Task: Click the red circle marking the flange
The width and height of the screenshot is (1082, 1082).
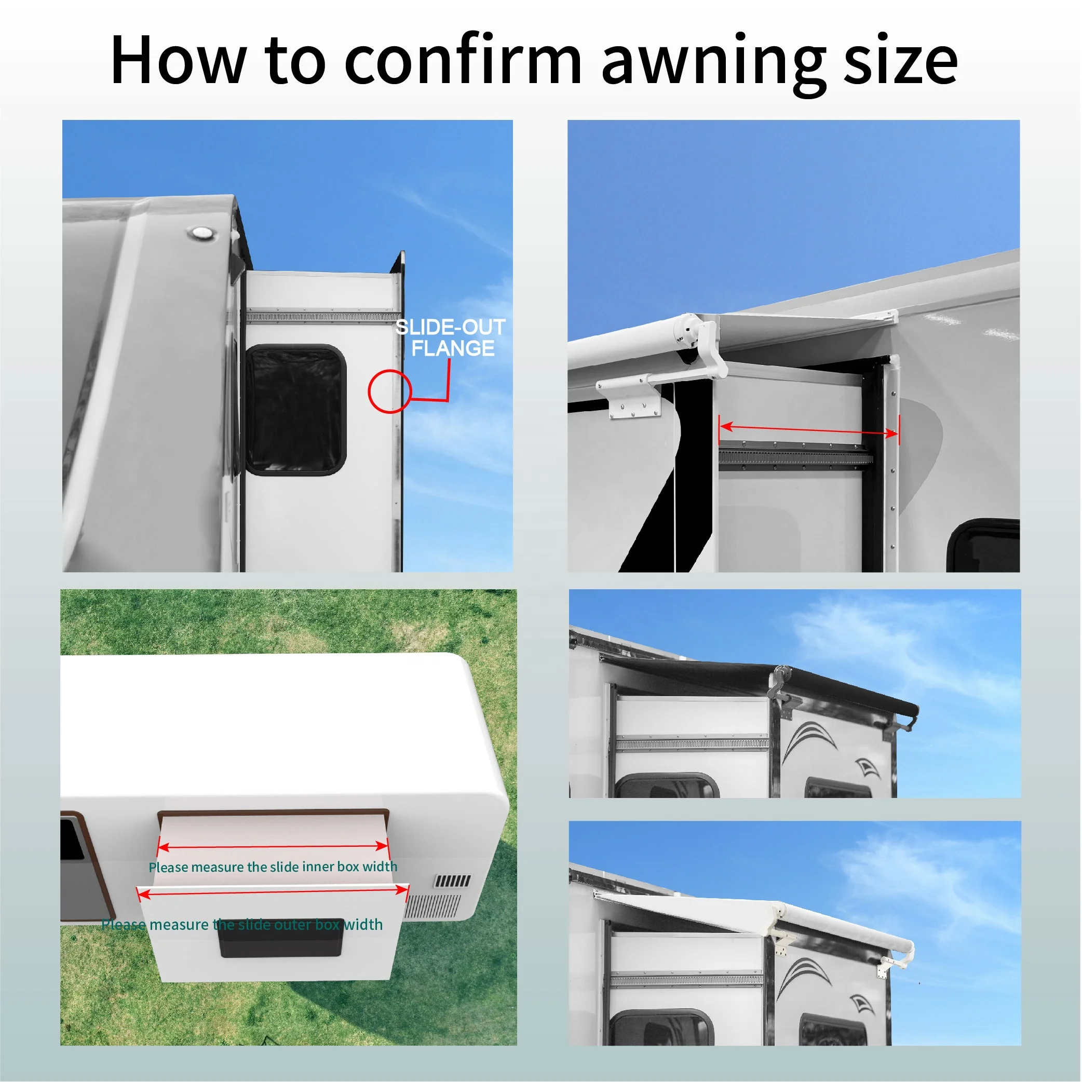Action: (x=390, y=391)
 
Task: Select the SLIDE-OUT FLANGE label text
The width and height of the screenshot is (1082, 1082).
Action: (x=451, y=337)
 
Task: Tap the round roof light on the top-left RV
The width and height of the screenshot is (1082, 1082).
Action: (x=200, y=233)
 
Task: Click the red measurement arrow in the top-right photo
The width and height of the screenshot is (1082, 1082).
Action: (x=809, y=429)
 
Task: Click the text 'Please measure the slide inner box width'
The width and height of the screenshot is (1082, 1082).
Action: (x=273, y=867)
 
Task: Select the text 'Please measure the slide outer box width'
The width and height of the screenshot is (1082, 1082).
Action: (x=242, y=925)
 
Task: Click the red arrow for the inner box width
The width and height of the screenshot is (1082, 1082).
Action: (x=273, y=847)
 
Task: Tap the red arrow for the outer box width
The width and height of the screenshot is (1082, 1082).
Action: (x=273, y=891)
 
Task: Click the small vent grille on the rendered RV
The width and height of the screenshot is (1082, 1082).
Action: (x=453, y=882)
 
